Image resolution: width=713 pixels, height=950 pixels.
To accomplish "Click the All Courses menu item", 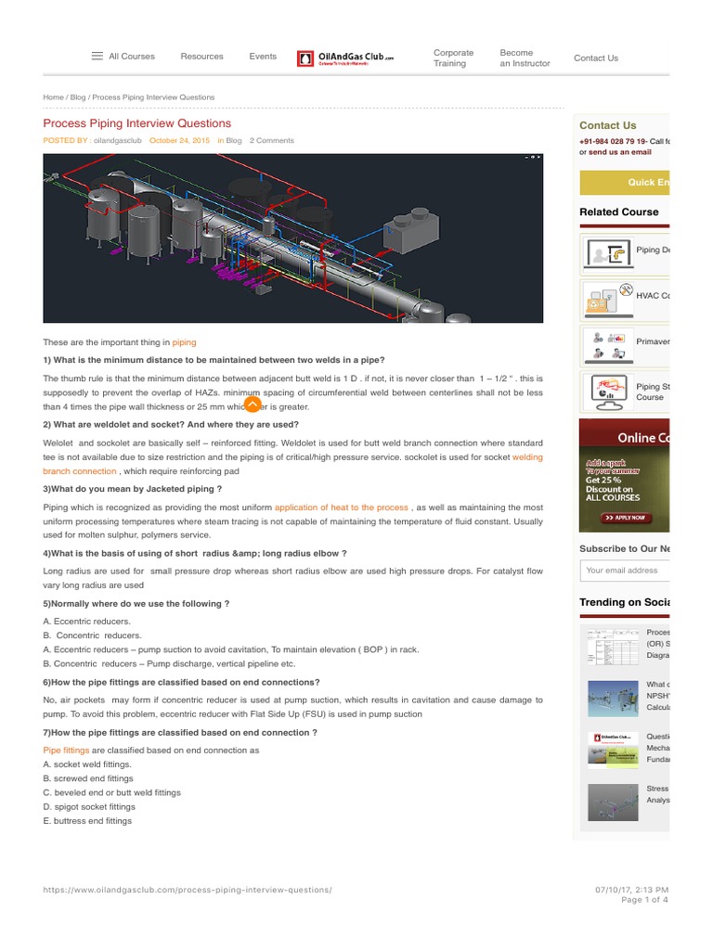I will coord(123,57).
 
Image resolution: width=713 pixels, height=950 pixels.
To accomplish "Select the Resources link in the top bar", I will coord(201,57).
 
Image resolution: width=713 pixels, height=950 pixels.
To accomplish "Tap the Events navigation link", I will coord(263,57).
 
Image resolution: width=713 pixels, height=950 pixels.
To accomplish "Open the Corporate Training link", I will coord(453,58).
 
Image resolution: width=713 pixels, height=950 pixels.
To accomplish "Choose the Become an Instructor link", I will coord(525,58).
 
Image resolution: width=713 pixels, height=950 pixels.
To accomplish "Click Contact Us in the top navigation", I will coord(595,58).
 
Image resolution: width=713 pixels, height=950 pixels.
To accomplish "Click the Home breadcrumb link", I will coord(53,97).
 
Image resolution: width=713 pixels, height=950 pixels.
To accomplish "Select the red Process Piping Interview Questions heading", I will coord(137,123).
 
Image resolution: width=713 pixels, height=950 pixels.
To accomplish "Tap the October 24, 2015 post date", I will coord(180,141).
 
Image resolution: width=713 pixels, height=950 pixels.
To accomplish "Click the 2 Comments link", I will coord(271,141).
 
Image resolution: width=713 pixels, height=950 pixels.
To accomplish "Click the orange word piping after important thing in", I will coord(184,342).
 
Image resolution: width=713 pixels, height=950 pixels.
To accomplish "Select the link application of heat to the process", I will coord(341,507).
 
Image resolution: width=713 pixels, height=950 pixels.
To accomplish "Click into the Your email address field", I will coord(625,571).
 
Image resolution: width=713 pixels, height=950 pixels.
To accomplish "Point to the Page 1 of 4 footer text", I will coord(643,900).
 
